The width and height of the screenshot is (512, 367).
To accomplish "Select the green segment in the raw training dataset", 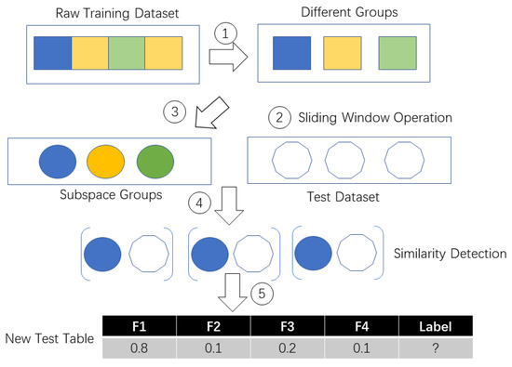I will point(126,53).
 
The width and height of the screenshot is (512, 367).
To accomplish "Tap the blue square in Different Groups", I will point(292,53).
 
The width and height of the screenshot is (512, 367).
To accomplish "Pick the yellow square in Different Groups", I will point(341,53).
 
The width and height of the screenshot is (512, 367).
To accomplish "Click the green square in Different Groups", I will point(396,53).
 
